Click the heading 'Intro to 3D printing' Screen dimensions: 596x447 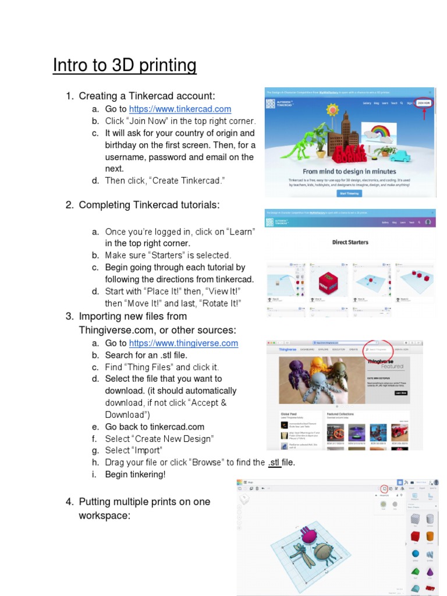pos(125,65)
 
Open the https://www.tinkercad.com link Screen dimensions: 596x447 pos(180,109)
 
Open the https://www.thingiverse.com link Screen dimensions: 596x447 pos(183,343)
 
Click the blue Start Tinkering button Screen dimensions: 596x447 pos(350,193)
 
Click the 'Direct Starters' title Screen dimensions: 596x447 pos(350,242)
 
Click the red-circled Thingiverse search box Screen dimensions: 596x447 pos(378,349)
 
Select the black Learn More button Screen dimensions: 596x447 pos(400,393)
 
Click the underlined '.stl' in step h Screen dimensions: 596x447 pos(274,463)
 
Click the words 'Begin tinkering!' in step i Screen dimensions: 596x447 pos(135,474)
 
